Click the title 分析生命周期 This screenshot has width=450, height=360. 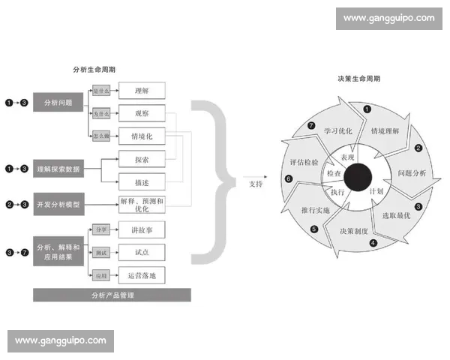[94, 70]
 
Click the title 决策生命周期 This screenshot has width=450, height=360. [358, 78]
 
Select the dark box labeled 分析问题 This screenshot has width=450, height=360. [58, 102]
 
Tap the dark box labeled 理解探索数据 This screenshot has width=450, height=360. [58, 169]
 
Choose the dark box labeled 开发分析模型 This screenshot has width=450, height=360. [58, 204]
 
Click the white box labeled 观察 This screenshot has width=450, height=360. [141, 113]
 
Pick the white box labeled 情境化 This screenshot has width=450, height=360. [141, 136]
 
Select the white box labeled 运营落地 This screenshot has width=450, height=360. [141, 275]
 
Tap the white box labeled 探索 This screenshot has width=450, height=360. [141, 160]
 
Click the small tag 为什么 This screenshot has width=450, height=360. [101, 114]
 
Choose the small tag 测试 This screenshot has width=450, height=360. [101, 252]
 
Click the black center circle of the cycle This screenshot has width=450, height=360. [358, 177]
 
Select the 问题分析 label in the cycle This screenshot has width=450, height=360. [411, 173]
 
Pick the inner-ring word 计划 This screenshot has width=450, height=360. [377, 191]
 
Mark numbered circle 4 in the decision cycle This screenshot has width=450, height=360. [373, 243]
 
